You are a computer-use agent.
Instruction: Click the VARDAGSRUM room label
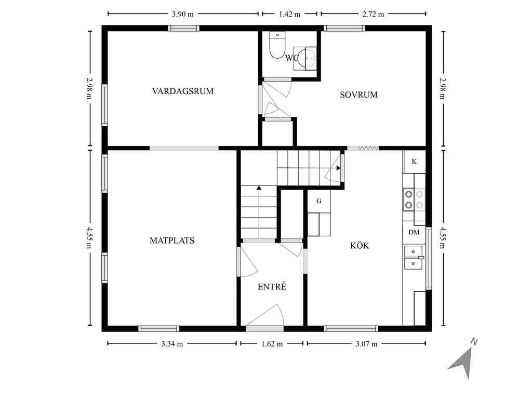tap(182, 91)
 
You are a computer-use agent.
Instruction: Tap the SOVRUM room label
tap(358, 95)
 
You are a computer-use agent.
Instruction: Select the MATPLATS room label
tap(172, 241)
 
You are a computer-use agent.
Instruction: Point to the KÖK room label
tap(360, 245)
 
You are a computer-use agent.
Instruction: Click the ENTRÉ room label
tap(272, 287)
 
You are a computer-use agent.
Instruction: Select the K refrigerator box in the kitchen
tap(414, 162)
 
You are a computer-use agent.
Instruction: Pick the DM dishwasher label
tap(414, 232)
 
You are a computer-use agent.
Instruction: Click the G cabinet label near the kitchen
tap(319, 201)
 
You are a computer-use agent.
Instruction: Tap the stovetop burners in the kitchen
tap(414, 199)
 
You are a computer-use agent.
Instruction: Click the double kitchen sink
tap(414, 258)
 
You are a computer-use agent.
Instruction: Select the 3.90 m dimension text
tap(182, 14)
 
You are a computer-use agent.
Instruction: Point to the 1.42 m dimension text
tap(289, 14)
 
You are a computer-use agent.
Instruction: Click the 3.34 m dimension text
tap(172, 344)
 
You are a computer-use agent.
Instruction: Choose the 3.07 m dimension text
tap(366, 344)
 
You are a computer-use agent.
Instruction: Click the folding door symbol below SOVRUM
tap(368, 148)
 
